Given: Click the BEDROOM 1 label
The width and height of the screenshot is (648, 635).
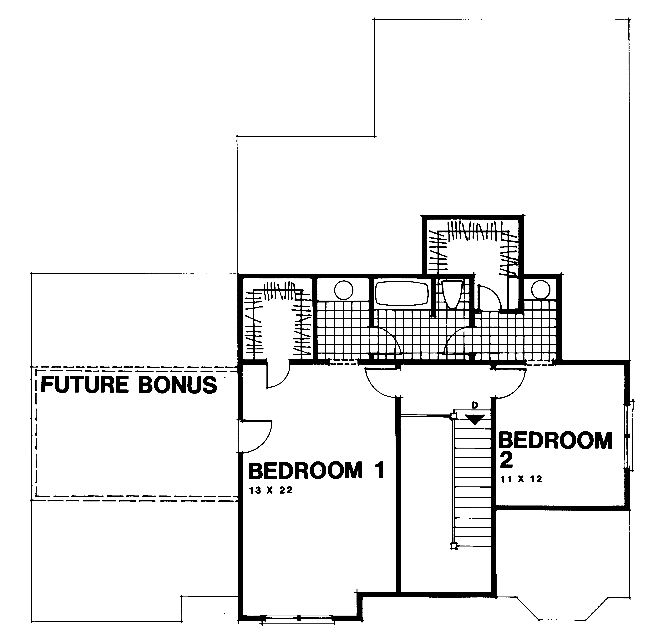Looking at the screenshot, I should pos(316,471).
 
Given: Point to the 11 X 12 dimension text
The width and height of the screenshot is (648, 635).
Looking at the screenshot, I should pos(521,479).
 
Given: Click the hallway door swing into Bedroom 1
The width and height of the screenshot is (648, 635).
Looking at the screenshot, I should pos(381,382).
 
